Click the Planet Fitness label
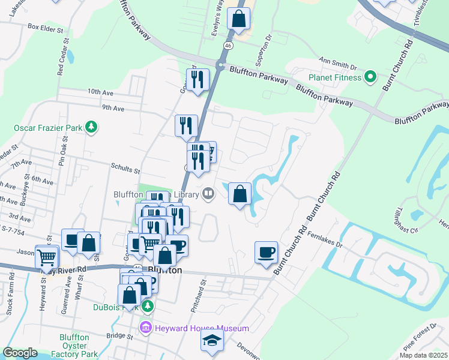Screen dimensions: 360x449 click(335, 77)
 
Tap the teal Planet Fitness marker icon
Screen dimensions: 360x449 click(370, 77)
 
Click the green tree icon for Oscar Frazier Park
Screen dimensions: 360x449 click(91, 127)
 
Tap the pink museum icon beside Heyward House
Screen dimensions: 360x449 click(145, 328)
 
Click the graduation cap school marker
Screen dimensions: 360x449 click(212, 341)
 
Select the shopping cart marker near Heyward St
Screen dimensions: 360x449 click(47, 257)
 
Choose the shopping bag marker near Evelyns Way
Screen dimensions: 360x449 click(239, 19)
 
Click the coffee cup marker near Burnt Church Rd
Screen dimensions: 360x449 click(266, 252)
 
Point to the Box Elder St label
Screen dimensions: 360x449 click(46, 28)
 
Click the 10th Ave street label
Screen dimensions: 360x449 click(100, 92)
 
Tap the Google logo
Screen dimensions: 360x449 click(20, 353)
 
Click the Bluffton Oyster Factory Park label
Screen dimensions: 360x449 click(74, 346)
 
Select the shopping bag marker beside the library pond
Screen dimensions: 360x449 click(240, 194)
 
